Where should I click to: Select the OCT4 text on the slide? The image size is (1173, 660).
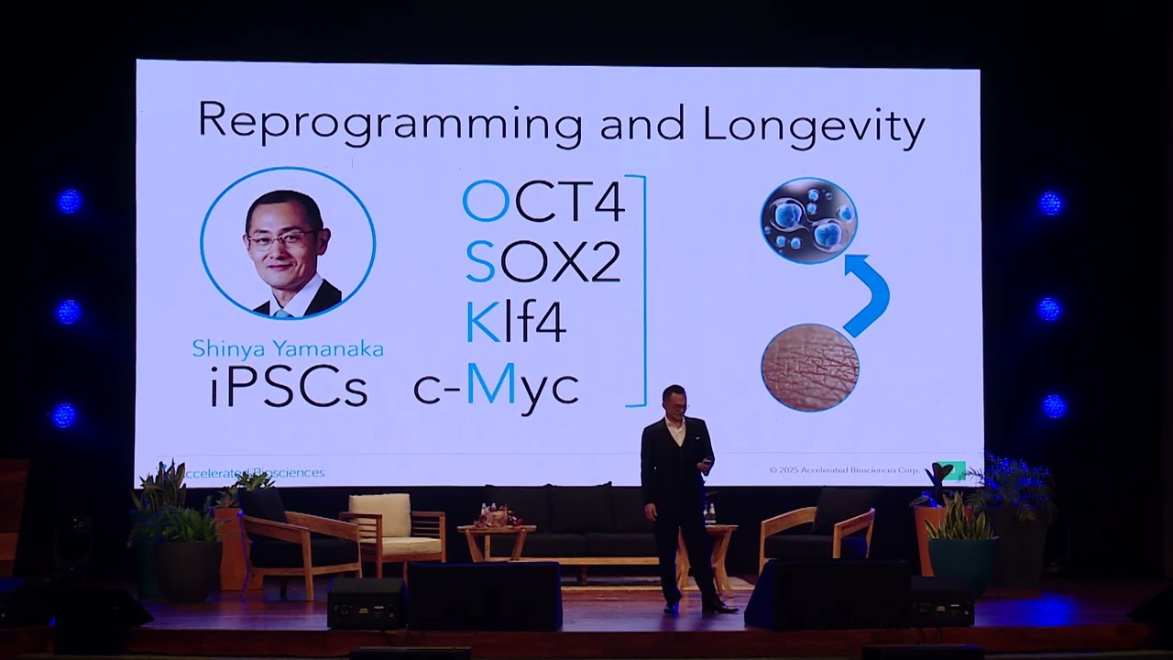[543, 202]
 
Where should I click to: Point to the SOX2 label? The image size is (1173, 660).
[543, 262]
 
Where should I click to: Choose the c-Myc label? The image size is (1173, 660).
[496, 387]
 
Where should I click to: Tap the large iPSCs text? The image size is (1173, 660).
[288, 388]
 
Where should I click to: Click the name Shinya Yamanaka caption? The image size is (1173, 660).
[288, 349]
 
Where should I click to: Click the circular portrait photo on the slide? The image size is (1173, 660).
[288, 244]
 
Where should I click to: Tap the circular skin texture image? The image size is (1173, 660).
[810, 367]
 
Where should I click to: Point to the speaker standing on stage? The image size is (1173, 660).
[678, 495]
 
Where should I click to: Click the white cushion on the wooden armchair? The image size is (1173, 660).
[380, 515]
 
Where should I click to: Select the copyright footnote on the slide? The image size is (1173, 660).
[844, 470]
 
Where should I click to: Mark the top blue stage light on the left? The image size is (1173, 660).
[70, 202]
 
